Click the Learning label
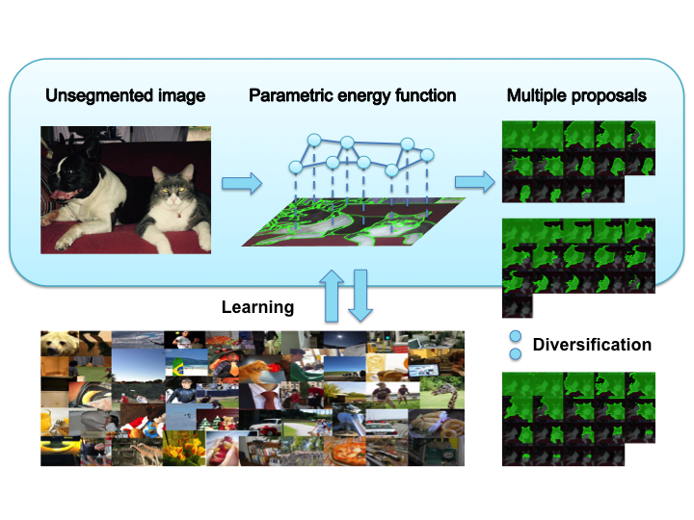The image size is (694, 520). click(x=257, y=307)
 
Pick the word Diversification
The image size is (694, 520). click(x=592, y=345)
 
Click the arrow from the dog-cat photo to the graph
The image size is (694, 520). click(x=242, y=183)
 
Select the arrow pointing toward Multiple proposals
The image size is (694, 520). click(x=475, y=182)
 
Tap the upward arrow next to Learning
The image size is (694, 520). click(x=332, y=296)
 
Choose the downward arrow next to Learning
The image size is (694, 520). click(x=360, y=296)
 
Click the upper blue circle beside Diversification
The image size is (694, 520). click(x=515, y=336)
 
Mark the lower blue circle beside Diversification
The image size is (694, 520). click(x=515, y=353)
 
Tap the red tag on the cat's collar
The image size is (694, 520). click(x=179, y=216)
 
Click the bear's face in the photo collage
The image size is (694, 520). click(x=57, y=344)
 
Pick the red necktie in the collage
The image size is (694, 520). click(x=269, y=401)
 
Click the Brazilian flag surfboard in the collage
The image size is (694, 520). click(x=178, y=366)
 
